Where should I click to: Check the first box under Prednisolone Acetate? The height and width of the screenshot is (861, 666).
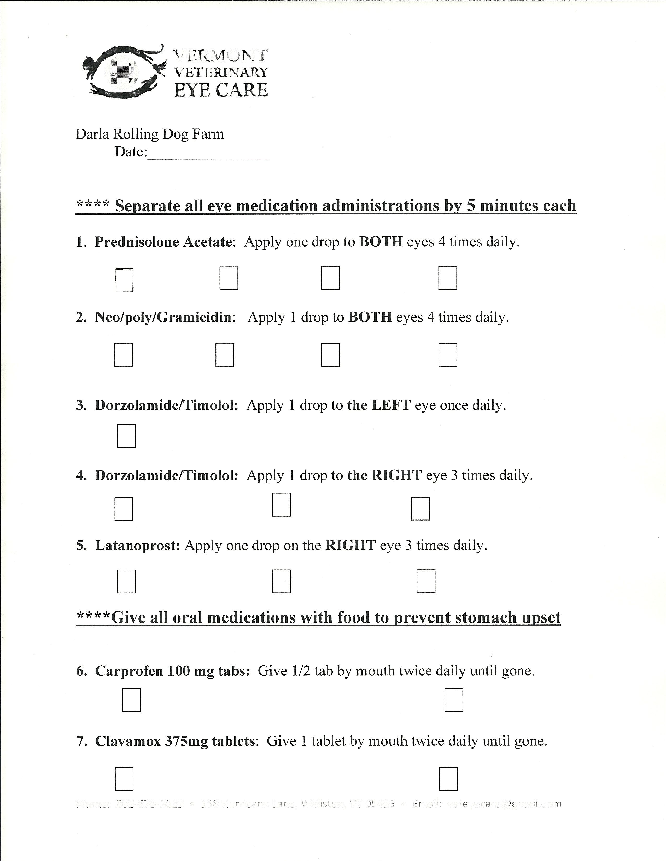[124, 280]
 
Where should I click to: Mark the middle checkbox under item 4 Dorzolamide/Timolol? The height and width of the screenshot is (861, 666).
[281, 505]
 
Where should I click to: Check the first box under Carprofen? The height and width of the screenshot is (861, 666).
[131, 700]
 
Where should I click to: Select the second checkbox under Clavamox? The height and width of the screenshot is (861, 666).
[448, 779]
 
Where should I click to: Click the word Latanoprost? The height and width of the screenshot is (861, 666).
[137, 546]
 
